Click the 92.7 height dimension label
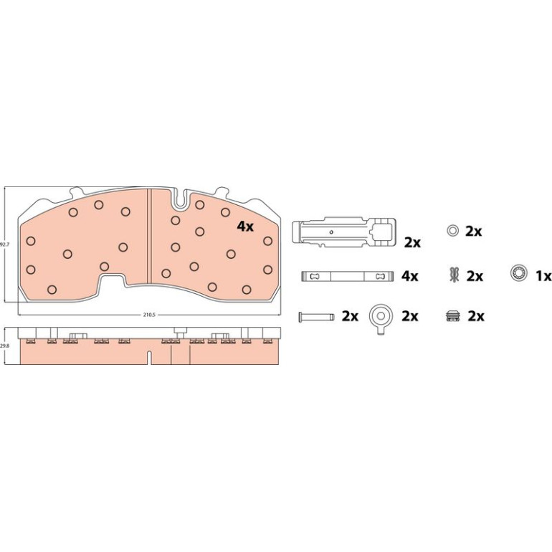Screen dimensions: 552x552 4,244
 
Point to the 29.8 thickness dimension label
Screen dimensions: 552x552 4,346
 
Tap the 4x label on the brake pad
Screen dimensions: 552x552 245,227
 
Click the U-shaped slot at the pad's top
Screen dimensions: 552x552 180,199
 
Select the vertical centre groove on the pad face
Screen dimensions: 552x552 149,235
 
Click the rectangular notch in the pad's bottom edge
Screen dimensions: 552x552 112,280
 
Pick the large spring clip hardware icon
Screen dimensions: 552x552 344,232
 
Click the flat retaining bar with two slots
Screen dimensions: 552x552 347,276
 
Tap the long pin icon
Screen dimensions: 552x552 315,316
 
